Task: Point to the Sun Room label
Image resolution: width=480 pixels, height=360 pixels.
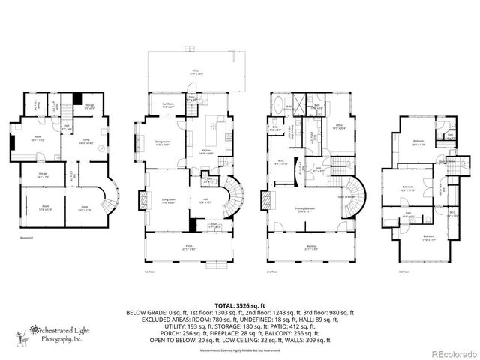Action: pos(169,105)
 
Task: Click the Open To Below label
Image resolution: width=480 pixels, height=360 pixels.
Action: pos(346,197)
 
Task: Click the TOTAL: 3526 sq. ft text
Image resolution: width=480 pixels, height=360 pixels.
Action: pos(240,306)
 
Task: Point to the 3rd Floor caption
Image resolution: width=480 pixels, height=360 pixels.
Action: pos(403,272)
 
